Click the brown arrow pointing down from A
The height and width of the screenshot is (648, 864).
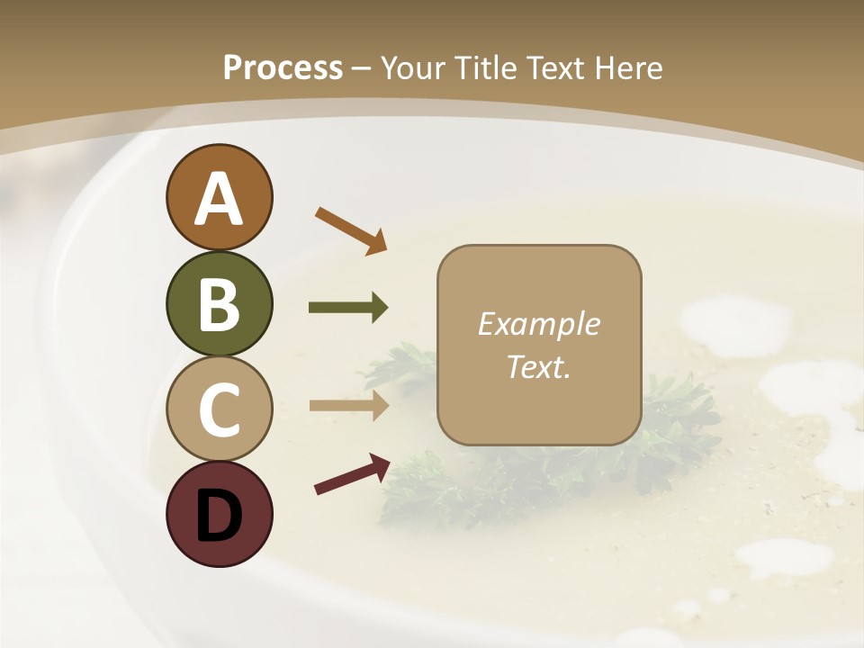[x=350, y=229]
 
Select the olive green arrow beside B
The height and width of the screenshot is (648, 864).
[x=348, y=308]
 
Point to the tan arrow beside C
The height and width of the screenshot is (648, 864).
[x=348, y=405]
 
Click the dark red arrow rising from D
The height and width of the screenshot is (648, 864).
[x=351, y=474]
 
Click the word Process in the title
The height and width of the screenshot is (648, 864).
[x=283, y=67]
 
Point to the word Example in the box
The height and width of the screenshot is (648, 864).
[x=539, y=324]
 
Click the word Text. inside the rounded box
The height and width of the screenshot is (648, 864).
[x=539, y=367]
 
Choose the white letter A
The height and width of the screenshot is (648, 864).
[x=220, y=198]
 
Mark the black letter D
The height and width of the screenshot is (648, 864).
[x=220, y=515]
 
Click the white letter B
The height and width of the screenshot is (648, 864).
[x=220, y=304]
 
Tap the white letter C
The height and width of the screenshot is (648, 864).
[x=220, y=409]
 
